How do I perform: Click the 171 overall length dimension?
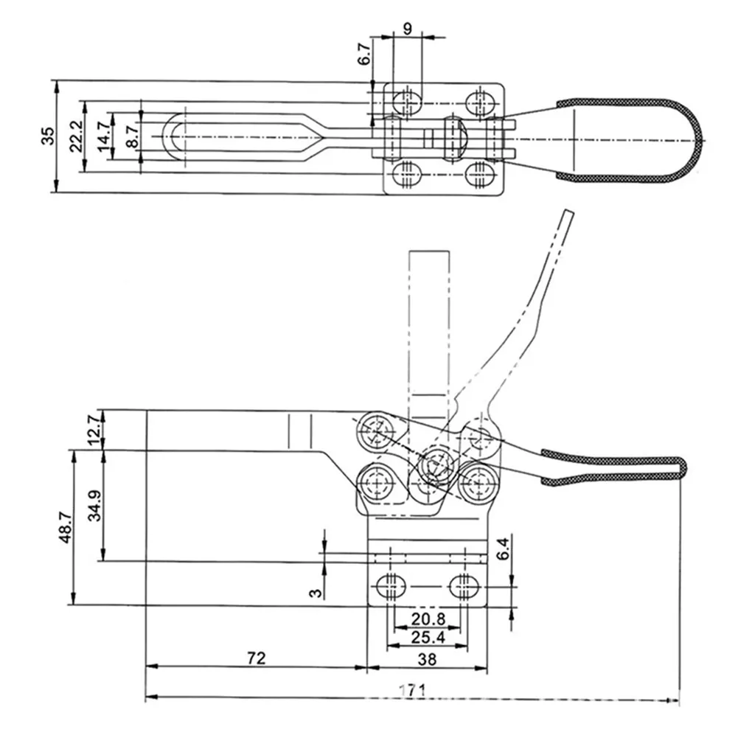pyautogui.click(x=412, y=690)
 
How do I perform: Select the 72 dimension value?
pyautogui.click(x=255, y=658)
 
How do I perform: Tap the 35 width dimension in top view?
pyautogui.click(x=46, y=136)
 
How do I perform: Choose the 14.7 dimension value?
pyautogui.click(x=103, y=136)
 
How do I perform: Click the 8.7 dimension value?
pyautogui.click(x=131, y=136)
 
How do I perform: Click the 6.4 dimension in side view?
pyautogui.click(x=504, y=549)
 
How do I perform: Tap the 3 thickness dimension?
pyautogui.click(x=316, y=591)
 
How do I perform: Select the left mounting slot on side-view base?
pyautogui.click(x=391, y=587)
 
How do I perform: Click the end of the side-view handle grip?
pyautogui.click(x=682, y=467)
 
